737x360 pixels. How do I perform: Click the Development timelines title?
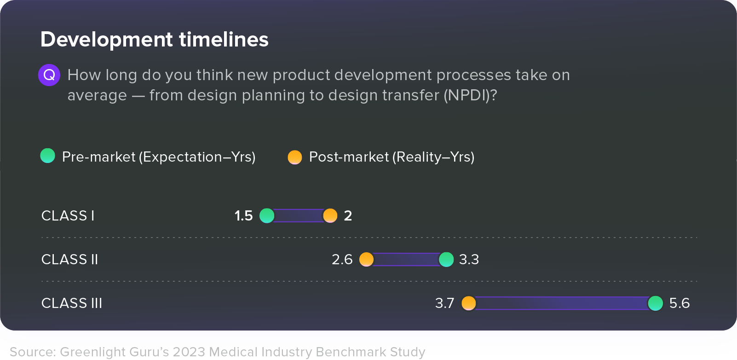click(x=154, y=40)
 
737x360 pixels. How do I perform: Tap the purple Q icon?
click(x=49, y=75)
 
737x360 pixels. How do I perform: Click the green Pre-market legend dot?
click(x=48, y=156)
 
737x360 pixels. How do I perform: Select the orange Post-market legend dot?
click(x=295, y=157)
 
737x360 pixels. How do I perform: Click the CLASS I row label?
click(x=68, y=215)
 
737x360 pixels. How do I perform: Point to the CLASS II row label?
click(x=69, y=259)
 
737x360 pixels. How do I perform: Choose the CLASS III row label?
click(x=72, y=303)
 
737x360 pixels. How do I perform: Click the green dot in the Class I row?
click(x=267, y=215)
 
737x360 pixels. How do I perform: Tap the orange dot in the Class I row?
click(x=330, y=215)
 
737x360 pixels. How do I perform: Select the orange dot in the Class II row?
click(x=367, y=259)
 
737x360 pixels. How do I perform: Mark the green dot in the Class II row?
click(x=446, y=259)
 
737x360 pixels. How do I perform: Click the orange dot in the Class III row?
click(x=469, y=303)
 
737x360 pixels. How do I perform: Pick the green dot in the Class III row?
click(x=655, y=303)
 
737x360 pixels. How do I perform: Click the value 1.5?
click(x=243, y=215)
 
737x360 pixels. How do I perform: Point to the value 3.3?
click(x=469, y=259)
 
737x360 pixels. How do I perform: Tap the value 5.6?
click(x=679, y=303)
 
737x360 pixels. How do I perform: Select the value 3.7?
click(x=444, y=303)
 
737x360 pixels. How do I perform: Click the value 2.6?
click(x=342, y=259)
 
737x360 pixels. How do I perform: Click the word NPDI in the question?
click(x=468, y=95)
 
